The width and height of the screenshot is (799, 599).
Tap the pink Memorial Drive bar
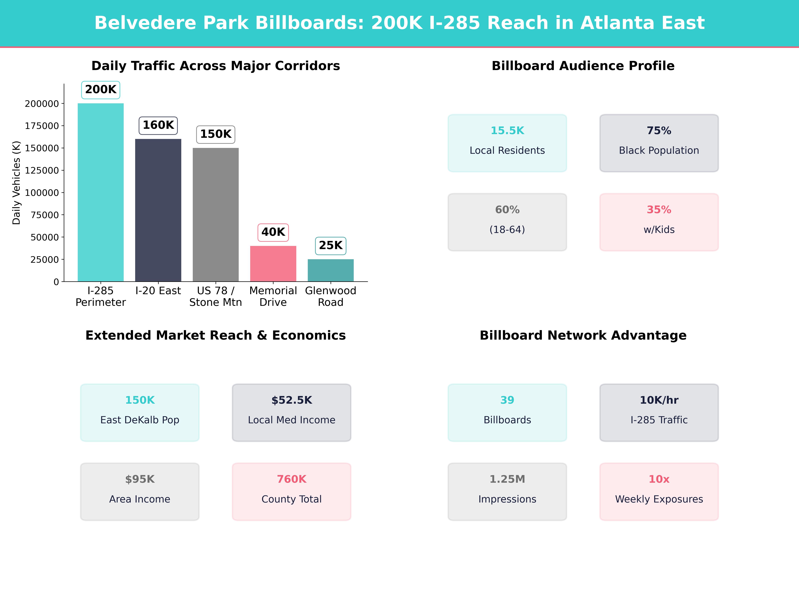(x=273, y=264)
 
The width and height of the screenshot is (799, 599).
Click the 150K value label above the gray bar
(x=216, y=134)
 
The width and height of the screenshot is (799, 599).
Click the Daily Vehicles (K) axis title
(x=16, y=183)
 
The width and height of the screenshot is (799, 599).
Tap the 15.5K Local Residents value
(x=507, y=131)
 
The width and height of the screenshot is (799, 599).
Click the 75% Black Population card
(x=659, y=143)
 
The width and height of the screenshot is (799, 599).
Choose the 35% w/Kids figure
(x=659, y=210)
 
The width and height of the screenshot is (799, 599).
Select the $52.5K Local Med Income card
(x=291, y=412)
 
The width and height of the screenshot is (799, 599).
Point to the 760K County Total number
(x=291, y=479)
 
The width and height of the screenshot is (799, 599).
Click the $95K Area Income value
(x=140, y=479)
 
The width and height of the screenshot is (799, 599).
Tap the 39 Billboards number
(x=507, y=400)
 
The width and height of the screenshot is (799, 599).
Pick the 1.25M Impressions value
(x=507, y=479)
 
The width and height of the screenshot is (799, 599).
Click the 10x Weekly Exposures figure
(x=659, y=479)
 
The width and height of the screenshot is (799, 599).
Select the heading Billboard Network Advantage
(x=583, y=335)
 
